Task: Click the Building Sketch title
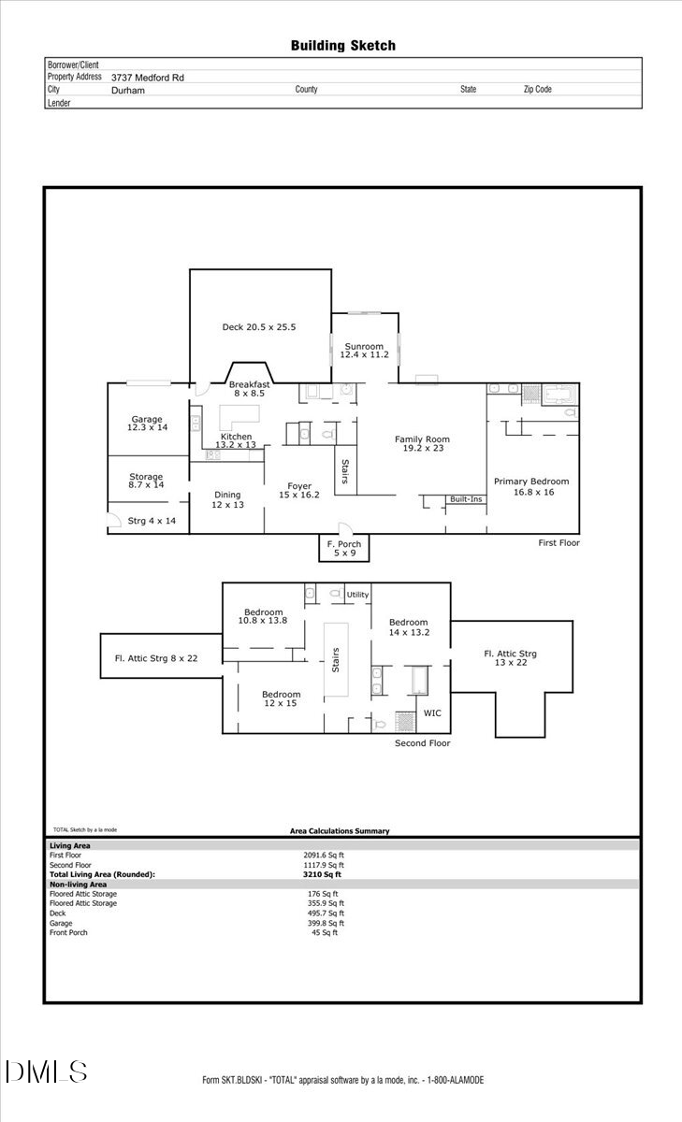pyautogui.click(x=342, y=45)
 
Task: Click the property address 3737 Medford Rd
pyautogui.click(x=147, y=78)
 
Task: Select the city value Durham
pyautogui.click(x=127, y=91)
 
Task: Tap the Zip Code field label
pyautogui.click(x=537, y=90)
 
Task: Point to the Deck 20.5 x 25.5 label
pyautogui.click(x=258, y=327)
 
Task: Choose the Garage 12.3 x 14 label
pyautogui.click(x=146, y=424)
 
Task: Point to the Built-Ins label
pyautogui.click(x=465, y=499)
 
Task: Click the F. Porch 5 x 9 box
pyautogui.click(x=343, y=548)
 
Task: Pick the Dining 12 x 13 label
pyautogui.click(x=227, y=500)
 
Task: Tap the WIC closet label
pyautogui.click(x=432, y=712)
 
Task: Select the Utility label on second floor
pyautogui.click(x=357, y=595)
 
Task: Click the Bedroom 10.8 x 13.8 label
pyautogui.click(x=262, y=617)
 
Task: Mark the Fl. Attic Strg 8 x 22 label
pyautogui.click(x=150, y=659)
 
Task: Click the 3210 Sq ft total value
pyautogui.click(x=321, y=874)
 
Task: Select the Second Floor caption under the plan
pyautogui.click(x=422, y=743)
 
